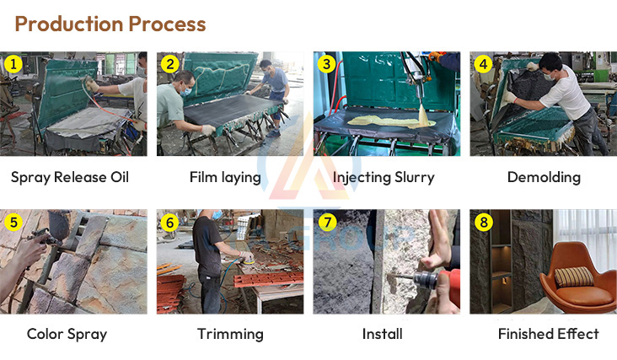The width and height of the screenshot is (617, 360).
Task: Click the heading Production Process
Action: (110, 24)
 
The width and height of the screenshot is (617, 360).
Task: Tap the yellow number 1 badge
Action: (13, 64)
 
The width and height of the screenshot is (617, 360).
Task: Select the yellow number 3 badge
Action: (326, 64)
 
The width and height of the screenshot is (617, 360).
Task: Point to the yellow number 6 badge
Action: (169, 223)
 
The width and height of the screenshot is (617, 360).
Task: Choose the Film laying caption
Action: (225, 177)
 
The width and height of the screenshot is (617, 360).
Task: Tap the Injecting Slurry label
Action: (384, 177)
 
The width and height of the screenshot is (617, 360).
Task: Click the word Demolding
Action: (544, 177)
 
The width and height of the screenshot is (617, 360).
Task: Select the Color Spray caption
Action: (67, 334)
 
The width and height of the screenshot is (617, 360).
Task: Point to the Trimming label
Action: (230, 334)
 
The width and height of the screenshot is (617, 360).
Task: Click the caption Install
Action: (382, 334)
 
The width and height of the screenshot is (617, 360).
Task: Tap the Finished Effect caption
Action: (548, 334)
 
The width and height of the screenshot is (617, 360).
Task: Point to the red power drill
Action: (438, 282)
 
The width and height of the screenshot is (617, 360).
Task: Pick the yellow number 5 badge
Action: (13, 223)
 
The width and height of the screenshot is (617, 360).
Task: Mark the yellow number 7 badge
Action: (326, 223)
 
